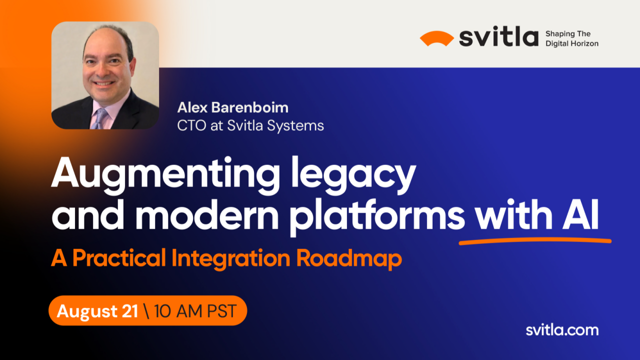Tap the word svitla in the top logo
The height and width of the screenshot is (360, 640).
498,38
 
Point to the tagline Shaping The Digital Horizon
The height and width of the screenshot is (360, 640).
571,38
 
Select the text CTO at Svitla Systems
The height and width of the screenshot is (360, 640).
250,125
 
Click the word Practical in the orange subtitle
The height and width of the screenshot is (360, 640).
118,258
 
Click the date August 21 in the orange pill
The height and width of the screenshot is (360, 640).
97,311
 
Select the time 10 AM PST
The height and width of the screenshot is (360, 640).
195,311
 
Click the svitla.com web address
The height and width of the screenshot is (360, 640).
562,330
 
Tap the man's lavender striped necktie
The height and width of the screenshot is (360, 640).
99,117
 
